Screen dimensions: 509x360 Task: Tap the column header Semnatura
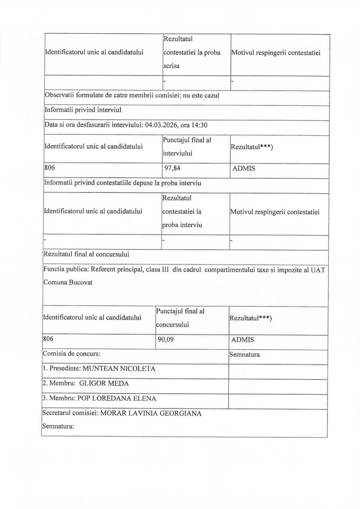247,355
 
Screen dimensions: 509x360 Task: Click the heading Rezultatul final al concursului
87,254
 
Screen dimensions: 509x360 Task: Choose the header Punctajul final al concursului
180,317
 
